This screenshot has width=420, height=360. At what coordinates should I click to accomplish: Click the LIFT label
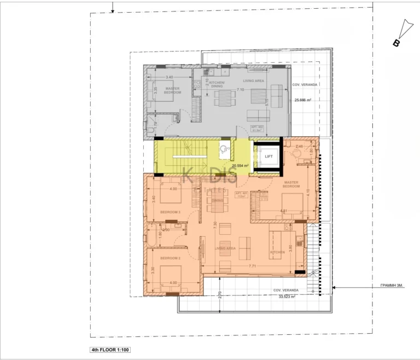(269, 156)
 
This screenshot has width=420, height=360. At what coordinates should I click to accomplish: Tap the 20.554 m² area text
(240, 165)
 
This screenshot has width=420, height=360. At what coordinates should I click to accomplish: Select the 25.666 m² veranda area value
(302, 100)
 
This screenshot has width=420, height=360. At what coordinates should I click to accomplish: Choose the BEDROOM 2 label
(170, 257)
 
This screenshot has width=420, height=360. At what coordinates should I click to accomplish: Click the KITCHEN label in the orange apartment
(278, 252)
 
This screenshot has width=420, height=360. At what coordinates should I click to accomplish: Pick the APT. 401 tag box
(242, 195)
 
